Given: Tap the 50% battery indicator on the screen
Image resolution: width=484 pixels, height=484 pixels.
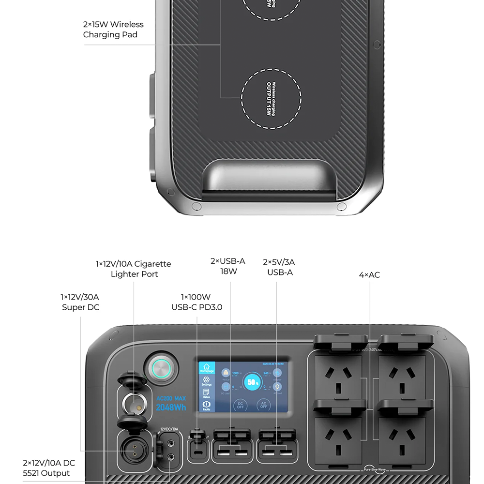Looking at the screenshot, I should pyautogui.click(x=251, y=382).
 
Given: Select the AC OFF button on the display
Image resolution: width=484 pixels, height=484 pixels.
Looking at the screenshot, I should pyautogui.click(x=264, y=405).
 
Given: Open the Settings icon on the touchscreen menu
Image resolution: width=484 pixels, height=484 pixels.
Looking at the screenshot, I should pyautogui.click(x=207, y=381).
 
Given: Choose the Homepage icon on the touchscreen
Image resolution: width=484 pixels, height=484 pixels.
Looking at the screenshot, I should pyautogui.click(x=207, y=368).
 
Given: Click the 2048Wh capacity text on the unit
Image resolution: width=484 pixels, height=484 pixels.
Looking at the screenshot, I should pyautogui.click(x=171, y=407).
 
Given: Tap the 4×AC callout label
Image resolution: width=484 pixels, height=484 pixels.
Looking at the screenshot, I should pyautogui.click(x=369, y=275).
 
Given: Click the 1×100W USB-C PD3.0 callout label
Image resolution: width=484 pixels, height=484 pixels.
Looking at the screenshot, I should pyautogui.click(x=197, y=302).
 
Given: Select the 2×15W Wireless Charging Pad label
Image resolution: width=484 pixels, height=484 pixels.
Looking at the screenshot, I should pyautogui.click(x=113, y=30).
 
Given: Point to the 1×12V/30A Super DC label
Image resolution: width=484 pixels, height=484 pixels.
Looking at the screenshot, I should pyautogui.click(x=80, y=302).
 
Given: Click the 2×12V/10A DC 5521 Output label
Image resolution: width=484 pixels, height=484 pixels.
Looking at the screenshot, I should pyautogui.click(x=49, y=468).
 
